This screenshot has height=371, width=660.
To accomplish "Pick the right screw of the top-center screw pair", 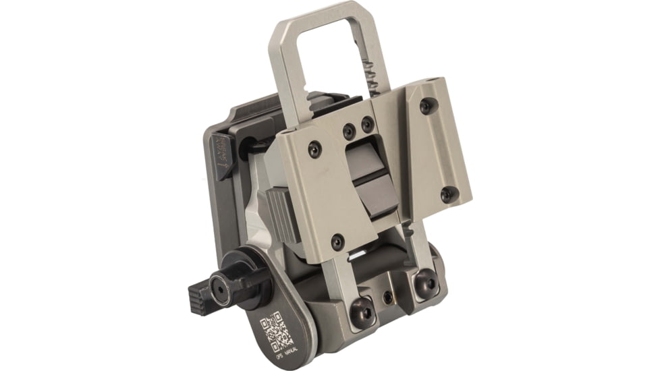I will (x=367, y=124).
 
